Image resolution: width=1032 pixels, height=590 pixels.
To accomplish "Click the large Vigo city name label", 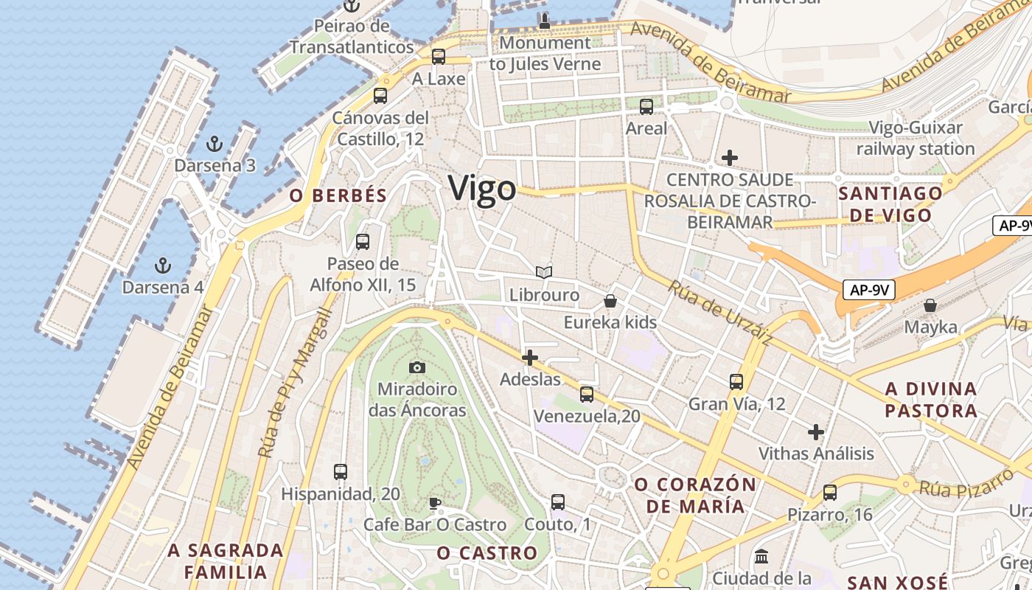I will tap(483, 188).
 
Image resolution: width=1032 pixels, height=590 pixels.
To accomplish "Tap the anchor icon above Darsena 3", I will tap(215, 143).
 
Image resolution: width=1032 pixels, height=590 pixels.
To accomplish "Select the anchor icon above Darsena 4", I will tap(163, 265).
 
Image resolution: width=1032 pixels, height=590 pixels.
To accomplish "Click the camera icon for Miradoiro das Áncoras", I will tap(417, 367).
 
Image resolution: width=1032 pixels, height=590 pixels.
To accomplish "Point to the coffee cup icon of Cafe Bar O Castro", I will tap(435, 503).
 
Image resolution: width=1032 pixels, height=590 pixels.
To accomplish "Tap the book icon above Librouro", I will tap(544, 273).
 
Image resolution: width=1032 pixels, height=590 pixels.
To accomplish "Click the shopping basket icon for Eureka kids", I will tap(610, 301).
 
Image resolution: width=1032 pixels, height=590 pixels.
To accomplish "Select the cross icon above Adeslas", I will tap(529, 358).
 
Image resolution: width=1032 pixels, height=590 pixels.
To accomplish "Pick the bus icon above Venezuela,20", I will tap(587, 394).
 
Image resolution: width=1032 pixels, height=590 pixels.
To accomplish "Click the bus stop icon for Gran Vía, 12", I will tap(736, 381).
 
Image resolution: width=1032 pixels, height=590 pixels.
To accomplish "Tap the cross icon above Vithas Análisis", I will tap(816, 431).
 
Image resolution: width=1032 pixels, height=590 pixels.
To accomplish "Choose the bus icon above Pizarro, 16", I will tap(830, 492).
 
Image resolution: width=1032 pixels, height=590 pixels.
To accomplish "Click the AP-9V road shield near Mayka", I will tap(868, 290).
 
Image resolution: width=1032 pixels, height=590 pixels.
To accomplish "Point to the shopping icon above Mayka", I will tap(930, 305).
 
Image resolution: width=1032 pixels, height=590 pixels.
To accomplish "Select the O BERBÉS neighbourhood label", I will tap(338, 195).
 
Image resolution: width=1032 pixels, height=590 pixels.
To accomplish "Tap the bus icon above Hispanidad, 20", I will tap(340, 471).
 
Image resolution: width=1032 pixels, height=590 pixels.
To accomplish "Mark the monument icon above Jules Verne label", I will tap(545, 21).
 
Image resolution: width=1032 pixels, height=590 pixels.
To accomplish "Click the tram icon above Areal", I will tap(646, 106).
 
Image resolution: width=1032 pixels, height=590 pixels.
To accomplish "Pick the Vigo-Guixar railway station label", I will tap(916, 139).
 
